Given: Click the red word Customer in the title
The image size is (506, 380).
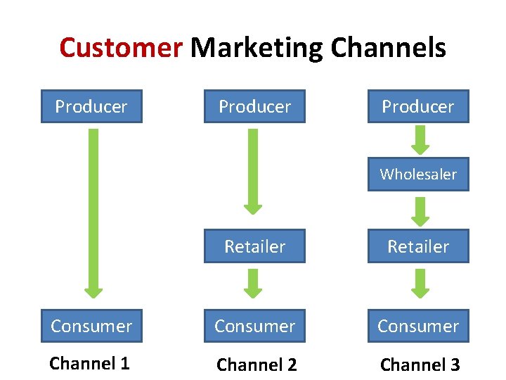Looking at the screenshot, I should (x=121, y=48).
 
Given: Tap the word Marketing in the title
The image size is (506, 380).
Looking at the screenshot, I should (x=257, y=48).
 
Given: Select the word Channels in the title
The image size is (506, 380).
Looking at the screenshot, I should (x=388, y=48).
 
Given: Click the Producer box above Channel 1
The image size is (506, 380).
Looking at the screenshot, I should (x=91, y=106).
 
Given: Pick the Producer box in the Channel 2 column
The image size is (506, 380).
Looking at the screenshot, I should (x=254, y=106).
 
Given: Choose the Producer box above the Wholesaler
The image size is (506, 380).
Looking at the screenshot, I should (x=418, y=106).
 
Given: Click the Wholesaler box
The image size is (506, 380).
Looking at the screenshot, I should (x=418, y=174).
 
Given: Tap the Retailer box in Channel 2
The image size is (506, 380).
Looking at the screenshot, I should (x=254, y=246).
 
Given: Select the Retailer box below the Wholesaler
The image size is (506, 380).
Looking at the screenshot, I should (x=418, y=246).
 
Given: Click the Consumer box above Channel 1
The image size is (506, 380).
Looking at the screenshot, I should (x=91, y=326).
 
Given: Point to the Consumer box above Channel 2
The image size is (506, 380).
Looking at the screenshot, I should (x=254, y=326).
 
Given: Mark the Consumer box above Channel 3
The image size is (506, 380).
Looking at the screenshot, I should (x=418, y=326).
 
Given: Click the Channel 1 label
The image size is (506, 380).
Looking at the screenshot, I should (x=89, y=364).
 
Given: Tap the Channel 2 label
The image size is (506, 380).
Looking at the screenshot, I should (x=257, y=365).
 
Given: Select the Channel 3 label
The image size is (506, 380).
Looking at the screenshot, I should (x=420, y=365).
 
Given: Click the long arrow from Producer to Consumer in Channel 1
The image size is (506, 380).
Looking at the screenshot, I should (x=93, y=211).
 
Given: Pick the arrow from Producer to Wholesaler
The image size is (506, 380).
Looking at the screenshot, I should (x=420, y=139).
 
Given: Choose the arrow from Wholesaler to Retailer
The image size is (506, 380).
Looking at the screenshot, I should (x=420, y=210).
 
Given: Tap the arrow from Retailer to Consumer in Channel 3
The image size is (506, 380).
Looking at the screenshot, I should (x=420, y=283).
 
